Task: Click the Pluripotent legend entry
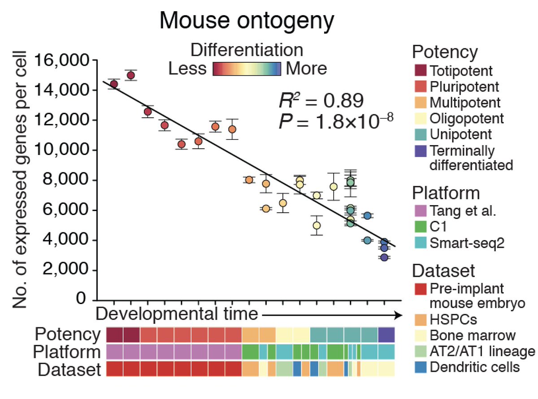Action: coord(457,86)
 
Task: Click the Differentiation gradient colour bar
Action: coord(247,69)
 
